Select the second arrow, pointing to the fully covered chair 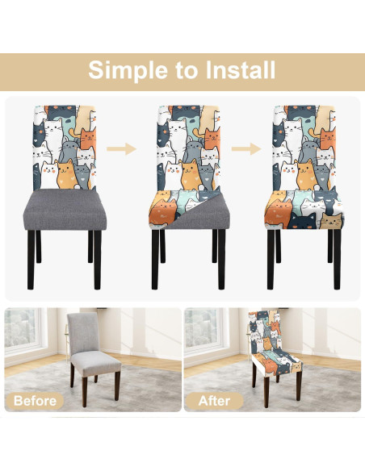pos(245,149)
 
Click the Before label pos(35,400)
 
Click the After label pos(214,400)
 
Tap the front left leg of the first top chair pos(31,260)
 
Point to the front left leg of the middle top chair pos(154,260)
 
